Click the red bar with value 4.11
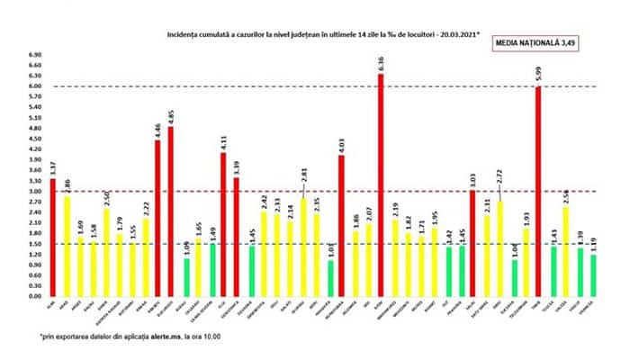click(223, 224)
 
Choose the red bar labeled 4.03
click(342, 225)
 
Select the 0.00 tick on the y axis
click(36, 296)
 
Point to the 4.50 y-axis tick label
click(36, 139)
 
